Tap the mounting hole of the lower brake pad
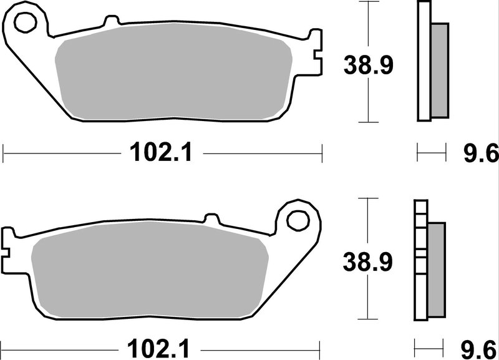click(x=299, y=220)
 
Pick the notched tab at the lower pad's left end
click(x=9, y=241)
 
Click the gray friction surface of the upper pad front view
click(x=175, y=75)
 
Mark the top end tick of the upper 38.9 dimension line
click(x=370, y=2)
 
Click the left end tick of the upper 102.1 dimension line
click(x=4, y=152)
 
